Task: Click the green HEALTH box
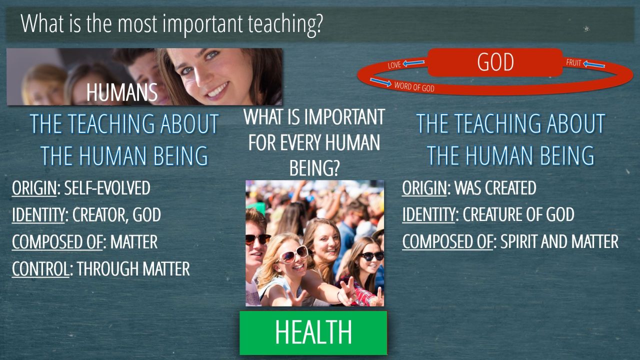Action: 313,333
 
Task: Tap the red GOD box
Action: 495,62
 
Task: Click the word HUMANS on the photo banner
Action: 122,92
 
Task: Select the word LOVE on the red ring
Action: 394,65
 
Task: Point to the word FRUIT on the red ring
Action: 573,62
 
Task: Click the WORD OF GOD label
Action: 414,86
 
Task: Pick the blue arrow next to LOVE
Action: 413,63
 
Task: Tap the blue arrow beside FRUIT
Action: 594,64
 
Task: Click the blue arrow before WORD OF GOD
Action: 380,82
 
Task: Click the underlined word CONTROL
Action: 40,268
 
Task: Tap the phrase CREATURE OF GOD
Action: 518,214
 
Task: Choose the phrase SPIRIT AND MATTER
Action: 559,241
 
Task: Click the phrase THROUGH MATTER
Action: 133,268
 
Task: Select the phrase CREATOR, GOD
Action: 116,214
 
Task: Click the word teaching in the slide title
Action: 285,24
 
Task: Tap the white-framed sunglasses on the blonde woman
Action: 292,254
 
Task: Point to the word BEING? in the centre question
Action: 314,168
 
